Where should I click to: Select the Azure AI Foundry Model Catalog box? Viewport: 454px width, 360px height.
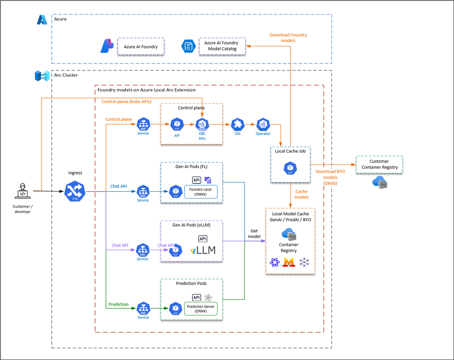222,46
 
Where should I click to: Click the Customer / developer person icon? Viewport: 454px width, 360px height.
22,191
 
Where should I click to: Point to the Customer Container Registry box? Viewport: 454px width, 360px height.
379,164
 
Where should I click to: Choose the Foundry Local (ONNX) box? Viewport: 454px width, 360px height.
200,192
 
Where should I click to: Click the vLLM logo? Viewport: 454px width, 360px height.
203,250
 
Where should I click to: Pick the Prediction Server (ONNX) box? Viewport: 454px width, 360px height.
200,309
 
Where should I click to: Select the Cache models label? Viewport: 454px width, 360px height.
302,194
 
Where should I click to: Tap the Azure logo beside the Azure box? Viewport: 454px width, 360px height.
42,20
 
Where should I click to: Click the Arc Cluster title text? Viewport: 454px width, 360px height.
66,75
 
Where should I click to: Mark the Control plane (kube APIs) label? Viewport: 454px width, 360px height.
126,102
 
